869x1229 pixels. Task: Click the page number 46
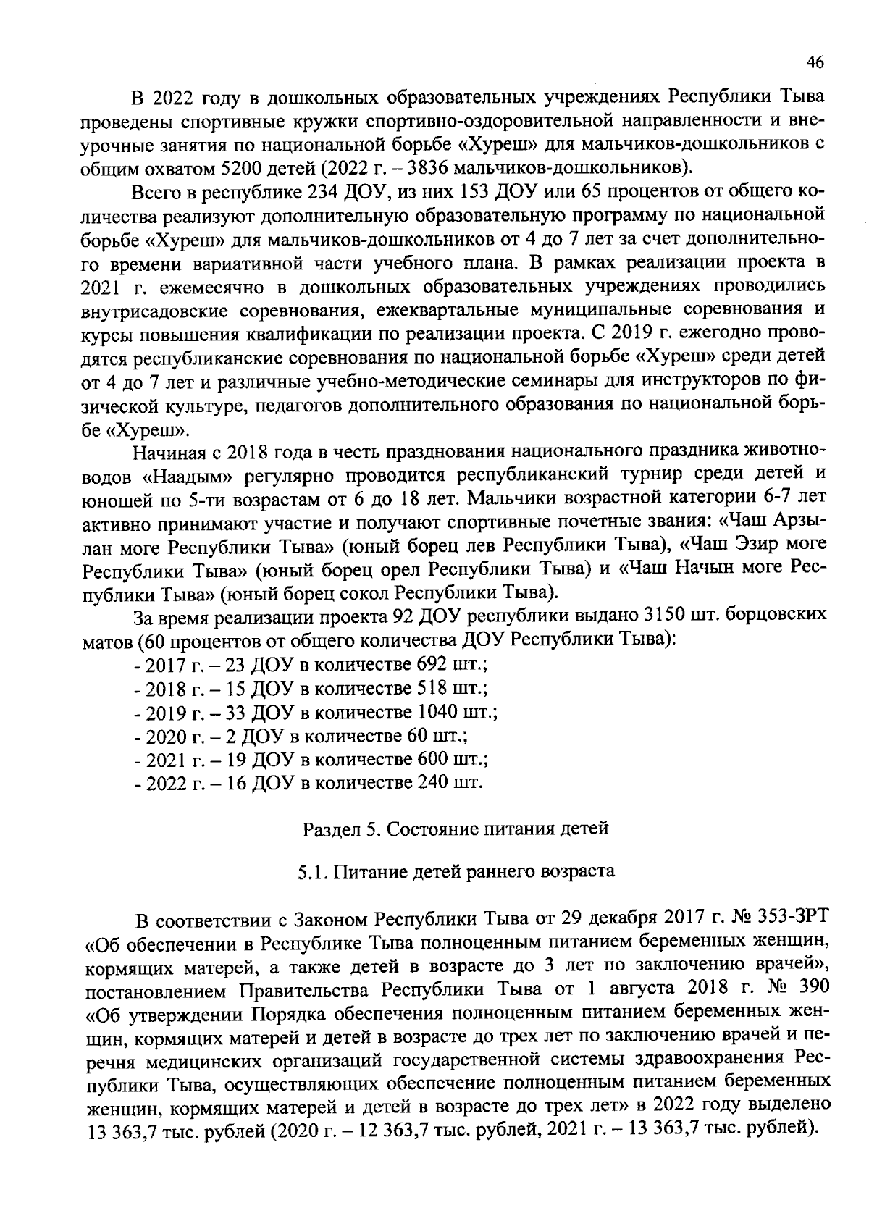[x=815, y=63]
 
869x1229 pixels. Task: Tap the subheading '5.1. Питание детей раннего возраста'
[x=456, y=871]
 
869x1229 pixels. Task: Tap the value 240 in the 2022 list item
[x=429, y=783]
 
